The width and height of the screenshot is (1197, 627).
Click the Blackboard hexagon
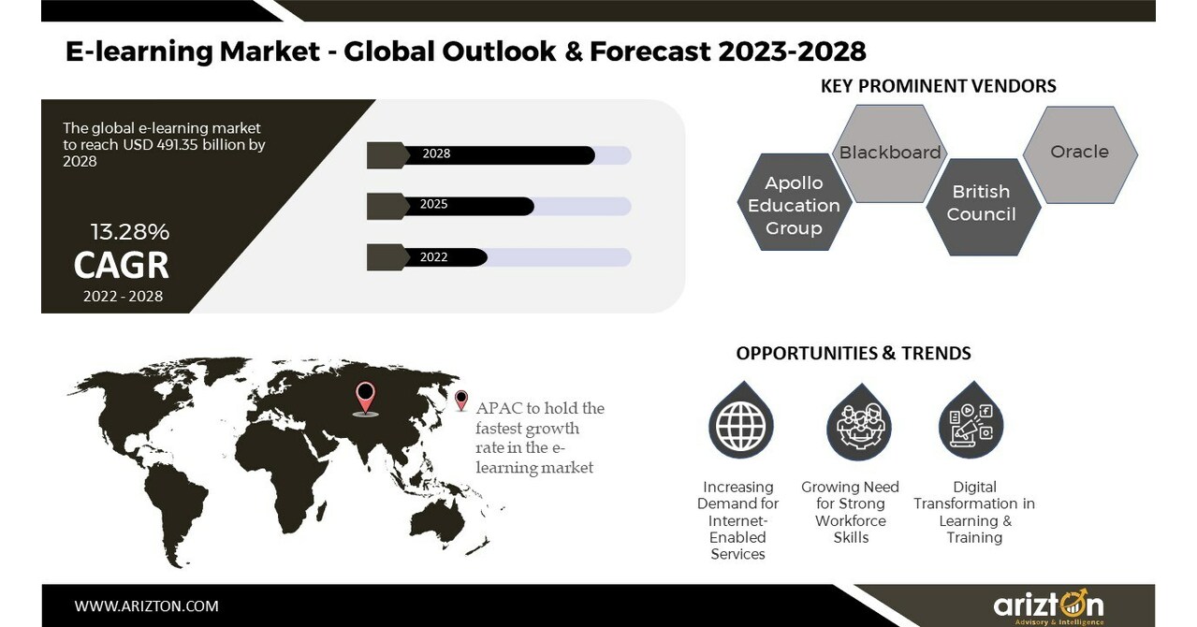point(889,153)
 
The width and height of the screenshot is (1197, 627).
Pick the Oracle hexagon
point(1079,152)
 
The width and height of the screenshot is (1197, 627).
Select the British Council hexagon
point(981,204)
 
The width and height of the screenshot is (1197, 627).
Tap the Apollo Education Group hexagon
point(794,205)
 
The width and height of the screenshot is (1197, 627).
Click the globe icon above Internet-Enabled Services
point(738,426)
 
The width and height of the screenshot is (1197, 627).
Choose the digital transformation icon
point(971,426)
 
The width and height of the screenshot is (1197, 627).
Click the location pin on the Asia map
point(365,397)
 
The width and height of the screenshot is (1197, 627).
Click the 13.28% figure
point(129,232)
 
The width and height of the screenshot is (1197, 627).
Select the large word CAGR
point(122,266)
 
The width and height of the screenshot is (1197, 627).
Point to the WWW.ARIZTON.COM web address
point(146,606)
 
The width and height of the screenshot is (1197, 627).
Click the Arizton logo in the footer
point(1048,605)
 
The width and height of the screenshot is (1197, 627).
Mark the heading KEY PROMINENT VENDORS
point(938,86)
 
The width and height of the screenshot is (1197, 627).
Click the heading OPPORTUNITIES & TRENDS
point(854,353)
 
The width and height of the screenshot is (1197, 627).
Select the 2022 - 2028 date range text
point(122,297)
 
